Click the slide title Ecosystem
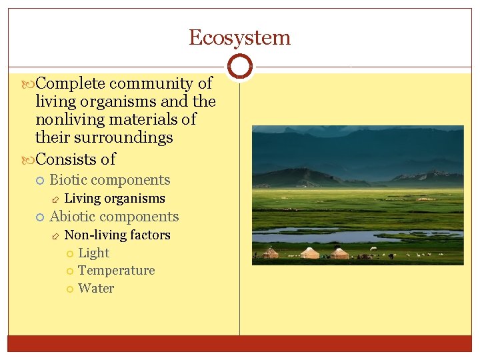(x=239, y=37)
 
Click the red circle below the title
(x=239, y=67)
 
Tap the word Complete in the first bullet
(x=70, y=83)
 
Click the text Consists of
(x=75, y=159)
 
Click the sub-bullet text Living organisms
(x=115, y=198)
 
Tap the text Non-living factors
(x=117, y=235)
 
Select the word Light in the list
(x=93, y=253)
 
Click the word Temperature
(x=116, y=271)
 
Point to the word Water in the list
(x=96, y=289)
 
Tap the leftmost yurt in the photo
(x=270, y=253)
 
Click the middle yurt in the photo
(x=309, y=253)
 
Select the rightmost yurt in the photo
(x=340, y=253)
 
